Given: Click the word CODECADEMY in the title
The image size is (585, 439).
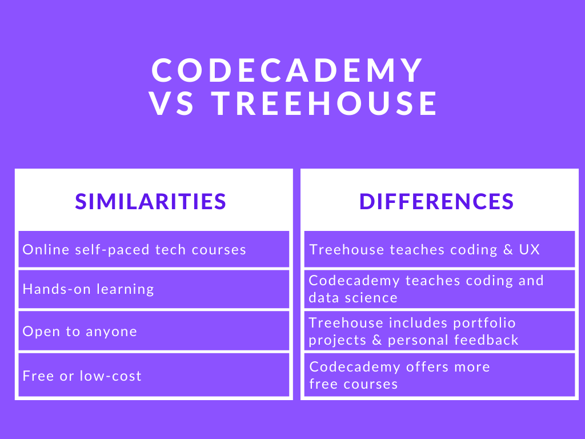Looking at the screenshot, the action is point(287,70).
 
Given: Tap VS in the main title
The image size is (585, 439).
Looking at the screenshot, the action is point(171,103).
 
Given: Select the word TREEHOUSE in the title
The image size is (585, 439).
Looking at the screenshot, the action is point(324,103).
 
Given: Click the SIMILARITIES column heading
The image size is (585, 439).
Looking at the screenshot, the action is point(151,202).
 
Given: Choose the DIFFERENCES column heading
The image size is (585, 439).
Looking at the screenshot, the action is point(436,202).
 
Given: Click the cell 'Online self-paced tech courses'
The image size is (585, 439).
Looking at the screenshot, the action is point(154,249).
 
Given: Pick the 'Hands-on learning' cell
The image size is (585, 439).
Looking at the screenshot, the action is point(154,289).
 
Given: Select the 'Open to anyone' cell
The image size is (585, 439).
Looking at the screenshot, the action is point(154,332).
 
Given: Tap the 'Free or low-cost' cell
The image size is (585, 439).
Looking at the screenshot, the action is point(154,375).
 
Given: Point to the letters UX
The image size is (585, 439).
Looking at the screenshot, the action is point(530,250).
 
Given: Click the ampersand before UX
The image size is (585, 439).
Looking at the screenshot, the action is point(508,250).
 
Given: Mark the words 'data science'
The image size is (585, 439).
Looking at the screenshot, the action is point(353,298).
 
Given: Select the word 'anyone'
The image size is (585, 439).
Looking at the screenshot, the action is point(111,332).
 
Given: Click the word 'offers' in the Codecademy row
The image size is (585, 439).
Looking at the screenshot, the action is point(427,367).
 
